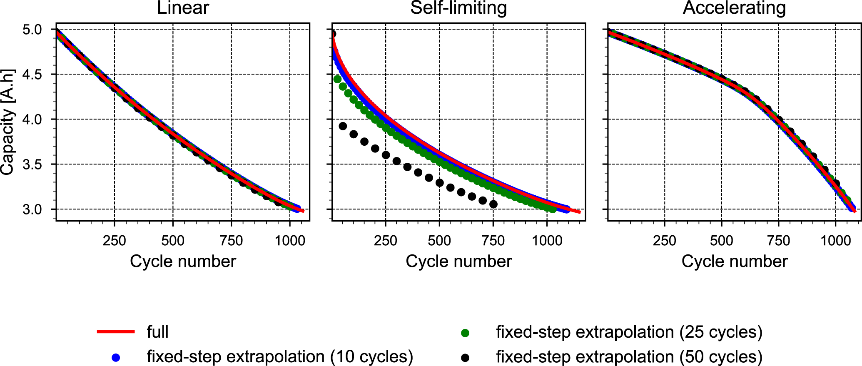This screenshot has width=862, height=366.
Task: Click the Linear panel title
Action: [x=183, y=8]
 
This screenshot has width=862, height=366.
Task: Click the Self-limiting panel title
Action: [x=458, y=8]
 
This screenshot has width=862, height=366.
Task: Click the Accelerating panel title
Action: [x=734, y=8]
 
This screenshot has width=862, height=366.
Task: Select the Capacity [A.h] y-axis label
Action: [x=8, y=122]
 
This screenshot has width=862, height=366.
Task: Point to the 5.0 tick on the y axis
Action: [x=32, y=30]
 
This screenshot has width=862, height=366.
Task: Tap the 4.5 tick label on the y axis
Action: [x=32, y=75]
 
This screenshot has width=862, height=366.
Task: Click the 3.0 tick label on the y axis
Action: [x=32, y=209]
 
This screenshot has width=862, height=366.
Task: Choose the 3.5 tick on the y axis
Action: [x=32, y=165]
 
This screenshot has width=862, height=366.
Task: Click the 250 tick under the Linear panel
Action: [x=114, y=240]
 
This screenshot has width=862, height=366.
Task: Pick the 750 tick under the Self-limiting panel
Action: [x=493, y=240]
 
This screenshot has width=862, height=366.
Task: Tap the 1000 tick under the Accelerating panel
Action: [x=835, y=240]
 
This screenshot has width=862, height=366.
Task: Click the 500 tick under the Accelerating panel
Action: [x=721, y=240]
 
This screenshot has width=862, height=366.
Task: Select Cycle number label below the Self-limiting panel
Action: [x=458, y=261]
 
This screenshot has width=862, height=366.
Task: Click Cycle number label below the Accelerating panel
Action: [x=734, y=261]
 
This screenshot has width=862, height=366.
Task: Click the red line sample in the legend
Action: [x=116, y=332]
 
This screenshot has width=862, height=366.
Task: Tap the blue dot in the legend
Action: [x=116, y=357]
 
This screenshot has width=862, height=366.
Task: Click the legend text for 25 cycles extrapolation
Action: [x=629, y=332]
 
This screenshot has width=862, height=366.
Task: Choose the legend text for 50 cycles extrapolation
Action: [x=629, y=357]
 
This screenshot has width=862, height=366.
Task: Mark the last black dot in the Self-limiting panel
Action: [x=493, y=204]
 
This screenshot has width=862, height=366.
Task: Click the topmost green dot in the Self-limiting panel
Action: [x=337, y=79]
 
